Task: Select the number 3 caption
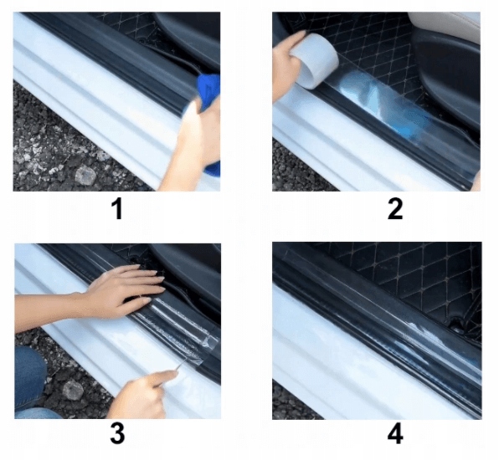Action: point(118,434)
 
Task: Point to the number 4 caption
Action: point(394,434)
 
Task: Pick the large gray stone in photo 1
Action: point(85,175)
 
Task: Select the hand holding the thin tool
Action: point(138,393)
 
